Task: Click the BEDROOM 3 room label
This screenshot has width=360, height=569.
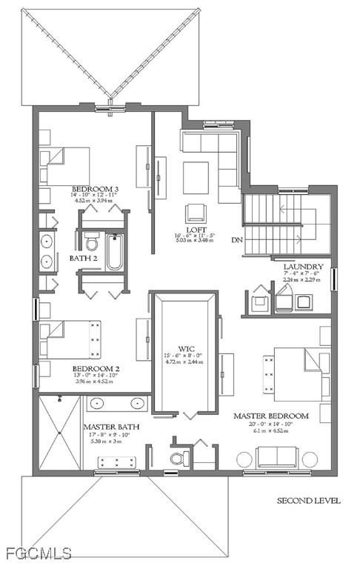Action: pos(96,189)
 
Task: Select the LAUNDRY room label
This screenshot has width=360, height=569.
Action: pos(304,266)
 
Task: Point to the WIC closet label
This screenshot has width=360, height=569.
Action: pos(184,347)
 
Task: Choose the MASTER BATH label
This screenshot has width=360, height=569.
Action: pos(108,427)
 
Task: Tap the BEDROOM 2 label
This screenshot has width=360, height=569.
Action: pos(96,368)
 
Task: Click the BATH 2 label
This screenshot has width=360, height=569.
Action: pos(84,259)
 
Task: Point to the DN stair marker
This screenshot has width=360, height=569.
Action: pos(237,240)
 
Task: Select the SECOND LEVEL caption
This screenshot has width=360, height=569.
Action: pos(309,501)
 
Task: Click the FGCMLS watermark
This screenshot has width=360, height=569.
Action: pos(37,553)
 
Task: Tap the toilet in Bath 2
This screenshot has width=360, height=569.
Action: pos(92,242)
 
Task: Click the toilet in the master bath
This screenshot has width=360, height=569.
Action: pos(178,459)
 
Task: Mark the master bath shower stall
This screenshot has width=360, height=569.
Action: pos(57,433)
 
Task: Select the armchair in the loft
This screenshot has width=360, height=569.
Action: pos(196,212)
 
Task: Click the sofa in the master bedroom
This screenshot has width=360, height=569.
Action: pos(276,457)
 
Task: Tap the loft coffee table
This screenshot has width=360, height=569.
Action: pos(196,176)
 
